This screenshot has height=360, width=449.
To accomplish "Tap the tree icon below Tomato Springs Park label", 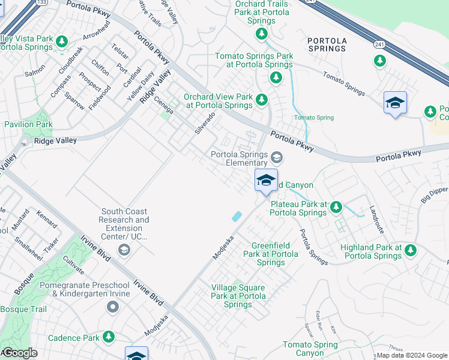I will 276,77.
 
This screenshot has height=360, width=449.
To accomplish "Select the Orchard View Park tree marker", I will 261,100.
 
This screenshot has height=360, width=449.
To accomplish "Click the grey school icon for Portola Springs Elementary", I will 276,158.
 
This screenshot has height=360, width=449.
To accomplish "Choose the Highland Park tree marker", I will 411,250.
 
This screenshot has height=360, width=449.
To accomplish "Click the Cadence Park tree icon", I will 109,337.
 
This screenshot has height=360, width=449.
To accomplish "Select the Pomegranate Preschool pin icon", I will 112,307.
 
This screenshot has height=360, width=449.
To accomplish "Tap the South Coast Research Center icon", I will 124,249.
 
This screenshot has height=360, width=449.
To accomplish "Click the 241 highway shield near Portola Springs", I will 379,44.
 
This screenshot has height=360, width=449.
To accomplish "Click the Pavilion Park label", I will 28,124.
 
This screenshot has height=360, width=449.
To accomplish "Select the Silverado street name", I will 205,122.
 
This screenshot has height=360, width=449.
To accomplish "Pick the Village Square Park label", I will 238,296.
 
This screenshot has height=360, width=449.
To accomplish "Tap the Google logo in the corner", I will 20,353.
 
